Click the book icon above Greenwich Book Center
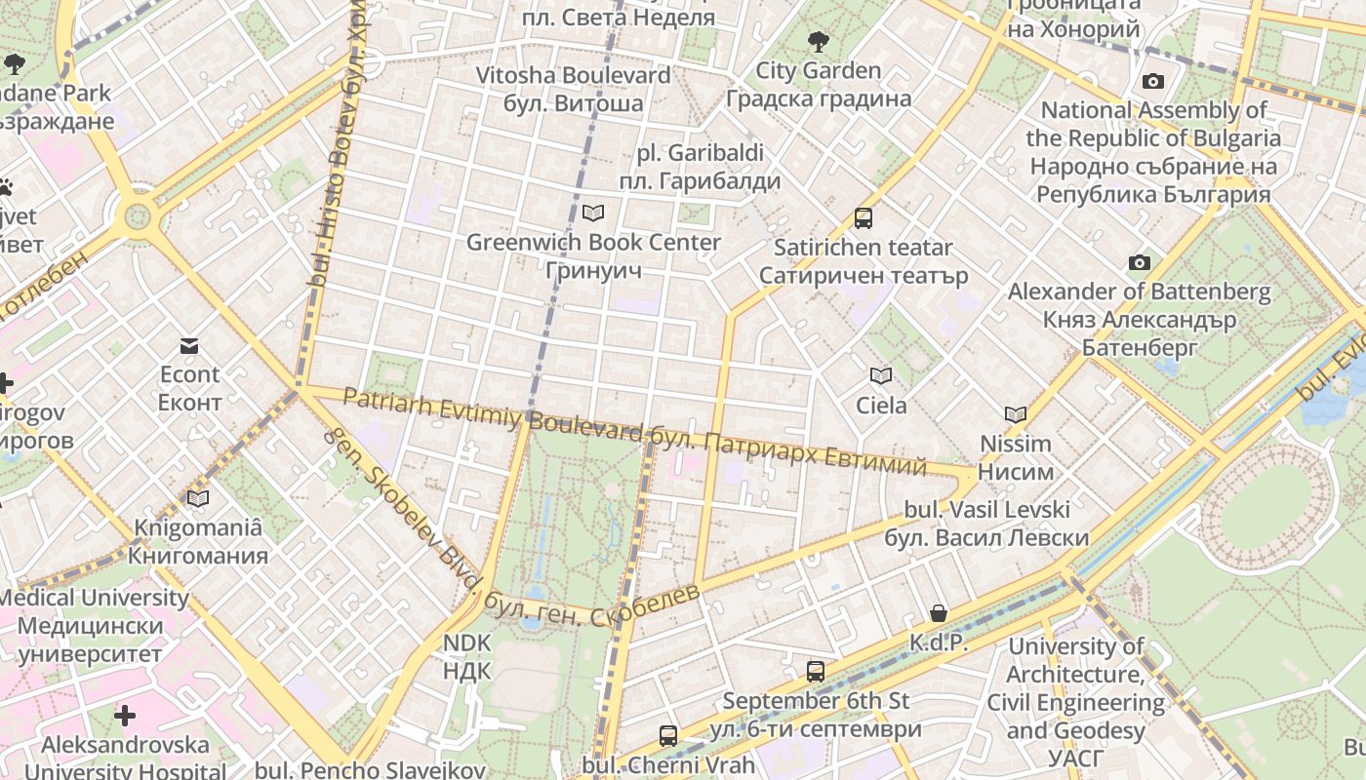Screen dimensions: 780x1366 click(592, 213)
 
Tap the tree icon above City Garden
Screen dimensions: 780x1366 click(819, 42)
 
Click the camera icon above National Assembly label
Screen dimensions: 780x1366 click(1153, 82)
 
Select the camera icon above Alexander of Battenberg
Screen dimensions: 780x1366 click(1139, 263)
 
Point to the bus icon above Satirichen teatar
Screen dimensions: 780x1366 click(863, 218)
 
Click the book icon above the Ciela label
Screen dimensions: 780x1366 click(881, 376)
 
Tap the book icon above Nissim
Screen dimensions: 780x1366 click(1015, 415)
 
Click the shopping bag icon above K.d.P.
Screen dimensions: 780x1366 click(938, 613)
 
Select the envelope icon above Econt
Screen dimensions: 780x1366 click(189, 346)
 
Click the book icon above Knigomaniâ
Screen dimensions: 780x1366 click(198, 499)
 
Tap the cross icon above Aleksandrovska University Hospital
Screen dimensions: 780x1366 click(125, 717)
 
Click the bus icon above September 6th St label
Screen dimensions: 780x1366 click(815, 672)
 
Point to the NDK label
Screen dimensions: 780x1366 click(466, 656)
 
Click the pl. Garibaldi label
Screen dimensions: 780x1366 click(700, 167)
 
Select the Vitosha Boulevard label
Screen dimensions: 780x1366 click(573, 89)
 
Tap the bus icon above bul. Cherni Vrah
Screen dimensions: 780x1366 click(667, 736)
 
